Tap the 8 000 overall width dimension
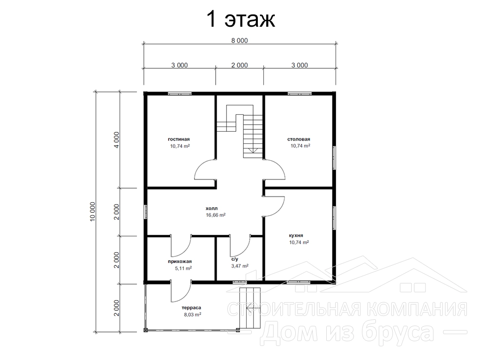[x=240, y=41]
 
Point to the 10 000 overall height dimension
[x=93, y=211]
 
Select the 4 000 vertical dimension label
[x=116, y=140]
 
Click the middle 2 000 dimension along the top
[x=240, y=65]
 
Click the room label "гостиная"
[x=179, y=139]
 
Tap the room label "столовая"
[x=299, y=139]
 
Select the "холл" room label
[x=212, y=208]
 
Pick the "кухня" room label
[x=296, y=235]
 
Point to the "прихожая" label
[x=180, y=262]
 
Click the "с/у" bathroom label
[x=235, y=259]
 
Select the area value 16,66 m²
[x=216, y=215]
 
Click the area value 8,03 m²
[x=192, y=315]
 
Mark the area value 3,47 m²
[x=240, y=266]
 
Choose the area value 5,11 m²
[x=183, y=268]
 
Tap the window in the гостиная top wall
[x=180, y=93]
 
